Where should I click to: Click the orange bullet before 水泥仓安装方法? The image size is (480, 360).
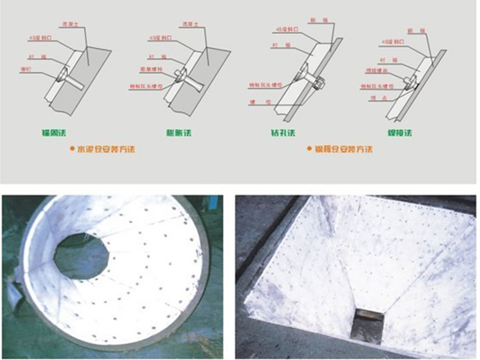point(70,150)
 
